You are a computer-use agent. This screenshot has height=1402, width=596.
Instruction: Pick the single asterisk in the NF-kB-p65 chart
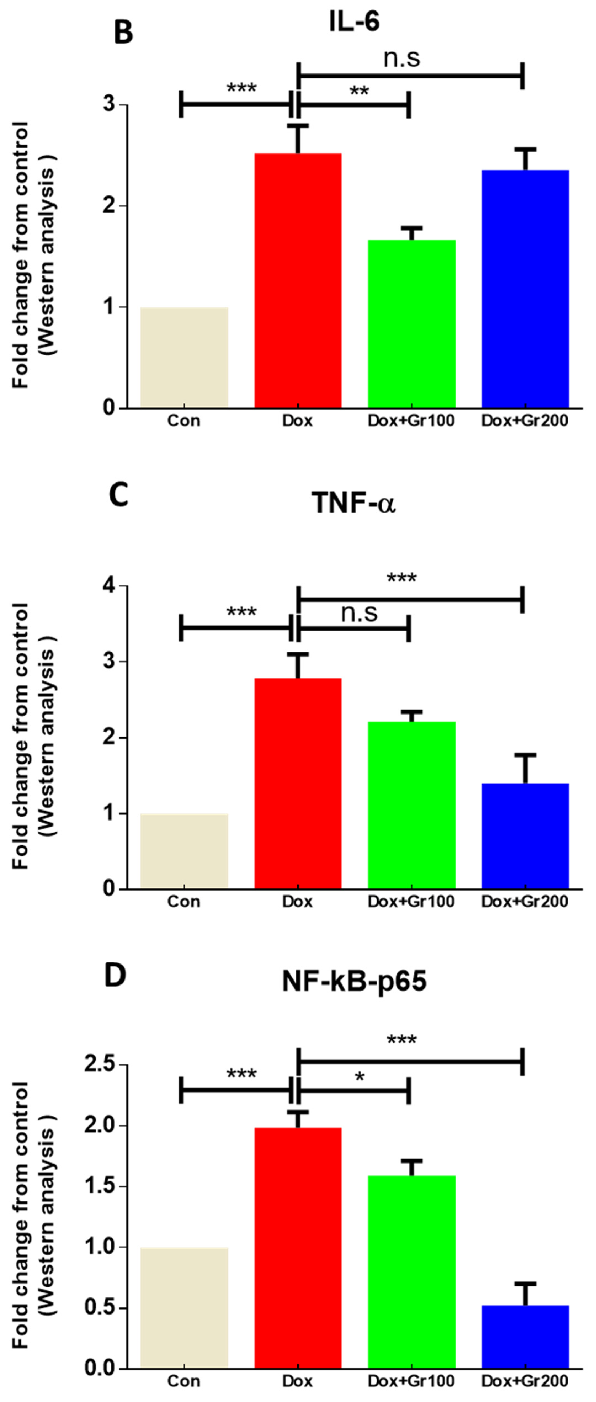359,1077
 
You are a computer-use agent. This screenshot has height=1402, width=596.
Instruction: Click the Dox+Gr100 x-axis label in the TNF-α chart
411,901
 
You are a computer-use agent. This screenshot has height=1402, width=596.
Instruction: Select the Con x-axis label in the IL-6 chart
184,421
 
